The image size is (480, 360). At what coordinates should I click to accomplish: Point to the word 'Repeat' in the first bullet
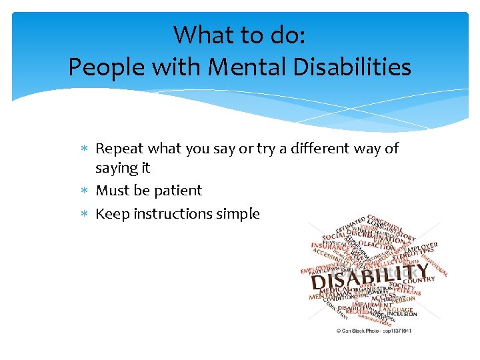point(120,149)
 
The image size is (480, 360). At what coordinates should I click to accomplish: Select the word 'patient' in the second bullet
point(178,191)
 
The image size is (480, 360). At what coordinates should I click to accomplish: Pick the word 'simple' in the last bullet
point(237,215)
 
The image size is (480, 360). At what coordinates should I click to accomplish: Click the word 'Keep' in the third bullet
point(113,214)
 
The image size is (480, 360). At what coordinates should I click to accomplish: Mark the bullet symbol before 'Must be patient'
point(83,191)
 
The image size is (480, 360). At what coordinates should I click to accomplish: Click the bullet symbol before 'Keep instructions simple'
point(83,215)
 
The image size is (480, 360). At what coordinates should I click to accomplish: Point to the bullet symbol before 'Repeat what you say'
point(83,149)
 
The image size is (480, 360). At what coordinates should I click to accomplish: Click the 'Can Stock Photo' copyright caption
point(373,330)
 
